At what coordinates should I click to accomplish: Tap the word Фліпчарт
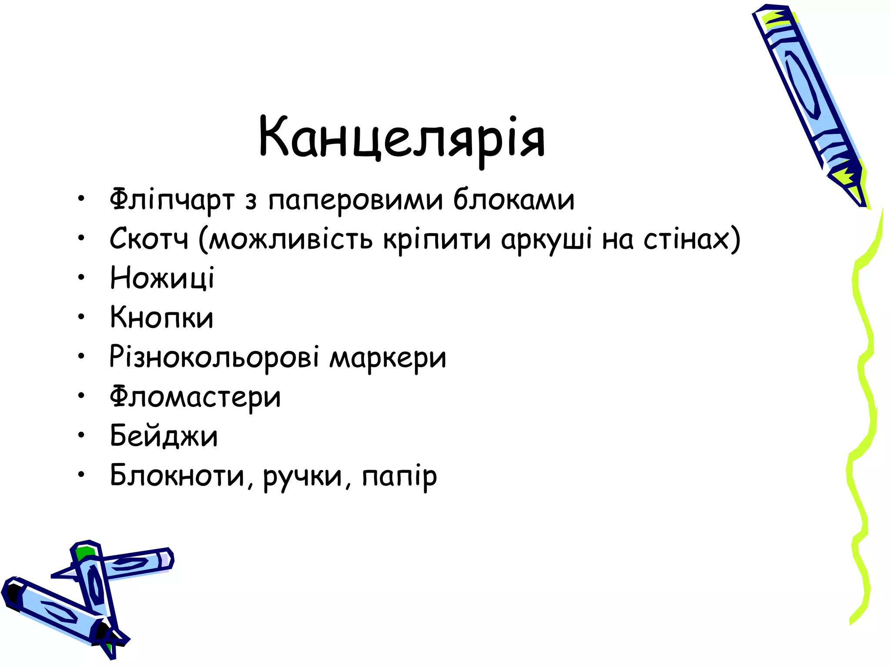tap(172, 200)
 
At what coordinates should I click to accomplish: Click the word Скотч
tap(149, 239)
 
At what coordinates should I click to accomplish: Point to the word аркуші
tap(546, 240)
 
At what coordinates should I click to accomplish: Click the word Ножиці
tap(162, 278)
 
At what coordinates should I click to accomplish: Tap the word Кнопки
tap(161, 317)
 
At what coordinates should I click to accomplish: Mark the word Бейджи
tap(164, 436)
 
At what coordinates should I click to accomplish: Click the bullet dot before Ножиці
tap(81, 277)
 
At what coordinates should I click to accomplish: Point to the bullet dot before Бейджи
tap(81, 435)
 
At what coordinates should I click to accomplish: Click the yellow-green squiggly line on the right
tap(864, 391)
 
